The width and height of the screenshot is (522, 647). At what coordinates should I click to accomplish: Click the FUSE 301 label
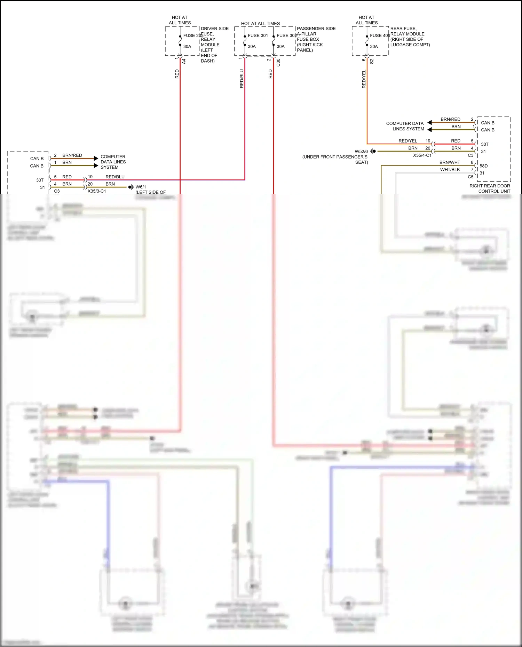[258, 35]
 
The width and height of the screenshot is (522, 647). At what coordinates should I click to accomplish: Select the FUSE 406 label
[380, 35]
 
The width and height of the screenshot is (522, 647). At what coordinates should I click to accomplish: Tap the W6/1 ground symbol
[130, 187]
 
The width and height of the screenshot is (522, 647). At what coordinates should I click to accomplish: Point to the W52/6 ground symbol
[373, 151]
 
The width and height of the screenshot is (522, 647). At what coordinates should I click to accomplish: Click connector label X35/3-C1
[97, 191]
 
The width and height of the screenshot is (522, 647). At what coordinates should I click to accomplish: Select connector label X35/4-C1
[422, 155]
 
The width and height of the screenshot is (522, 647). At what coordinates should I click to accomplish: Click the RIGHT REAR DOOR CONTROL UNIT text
[490, 188]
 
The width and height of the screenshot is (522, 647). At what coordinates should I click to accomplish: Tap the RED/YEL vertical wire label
[364, 79]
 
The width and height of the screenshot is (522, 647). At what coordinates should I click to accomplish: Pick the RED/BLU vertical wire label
[242, 79]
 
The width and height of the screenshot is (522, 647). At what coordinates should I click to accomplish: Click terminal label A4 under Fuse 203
[184, 61]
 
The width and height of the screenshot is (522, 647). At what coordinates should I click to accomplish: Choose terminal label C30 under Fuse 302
[278, 63]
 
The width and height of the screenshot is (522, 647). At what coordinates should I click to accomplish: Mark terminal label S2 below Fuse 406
[372, 61]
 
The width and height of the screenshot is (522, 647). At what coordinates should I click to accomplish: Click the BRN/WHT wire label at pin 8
[450, 162]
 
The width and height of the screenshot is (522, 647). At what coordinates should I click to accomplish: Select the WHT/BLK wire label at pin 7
[450, 170]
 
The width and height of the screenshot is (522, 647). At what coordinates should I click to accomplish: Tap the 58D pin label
[484, 166]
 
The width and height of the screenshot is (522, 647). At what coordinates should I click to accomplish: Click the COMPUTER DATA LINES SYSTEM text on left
[113, 162]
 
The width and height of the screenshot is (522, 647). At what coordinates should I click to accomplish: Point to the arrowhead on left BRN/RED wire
[96, 158]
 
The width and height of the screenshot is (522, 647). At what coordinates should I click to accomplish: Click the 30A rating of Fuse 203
[187, 47]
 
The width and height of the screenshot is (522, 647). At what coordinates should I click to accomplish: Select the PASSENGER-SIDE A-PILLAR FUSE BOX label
[316, 39]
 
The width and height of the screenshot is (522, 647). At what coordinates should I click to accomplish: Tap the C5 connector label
[470, 177]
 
